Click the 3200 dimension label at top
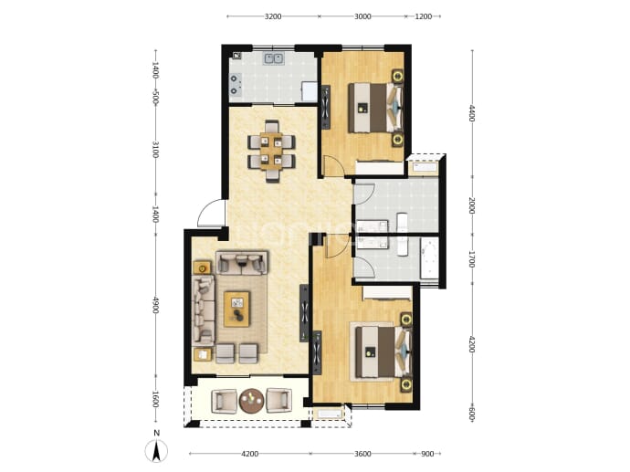point(273,16)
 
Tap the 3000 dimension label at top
point(362,16)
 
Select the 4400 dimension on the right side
point(473,113)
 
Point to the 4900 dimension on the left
point(156,305)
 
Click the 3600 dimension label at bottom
point(362,454)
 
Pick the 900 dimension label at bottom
point(427,454)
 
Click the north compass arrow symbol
point(156,451)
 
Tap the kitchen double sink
point(274,59)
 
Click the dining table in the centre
point(271,151)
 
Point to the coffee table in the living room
point(236,309)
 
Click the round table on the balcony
point(252,401)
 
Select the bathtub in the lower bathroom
point(429,258)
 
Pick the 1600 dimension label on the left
point(156,399)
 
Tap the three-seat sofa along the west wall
point(204,310)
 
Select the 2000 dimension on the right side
point(473,205)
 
